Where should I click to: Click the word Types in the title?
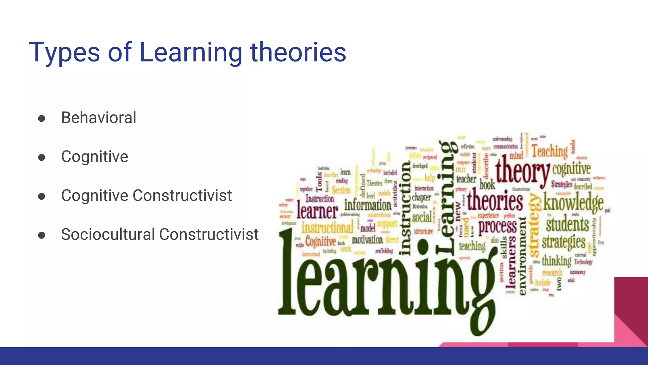coord(64,53)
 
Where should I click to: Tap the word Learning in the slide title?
coord(190,53)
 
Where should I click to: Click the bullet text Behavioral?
coord(99,118)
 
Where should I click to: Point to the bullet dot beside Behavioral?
coord(41,118)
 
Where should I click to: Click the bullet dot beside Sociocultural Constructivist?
coord(41,235)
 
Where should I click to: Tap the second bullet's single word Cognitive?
coord(95,157)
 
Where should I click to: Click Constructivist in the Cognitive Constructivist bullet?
coord(182,195)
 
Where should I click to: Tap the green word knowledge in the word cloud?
coord(573,203)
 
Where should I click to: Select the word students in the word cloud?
coord(567,224)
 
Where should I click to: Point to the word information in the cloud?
coord(368,205)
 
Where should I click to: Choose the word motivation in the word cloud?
coord(367,240)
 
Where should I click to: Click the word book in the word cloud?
coord(487,184)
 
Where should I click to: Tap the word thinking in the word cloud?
coord(557,261)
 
